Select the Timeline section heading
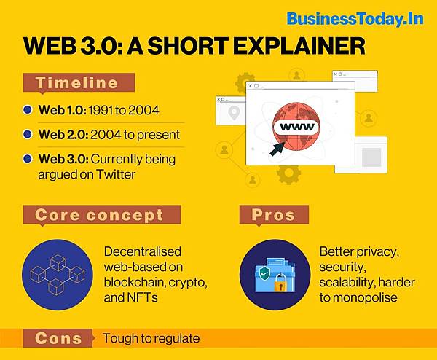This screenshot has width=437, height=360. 76,83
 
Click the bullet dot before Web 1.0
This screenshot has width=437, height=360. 27,111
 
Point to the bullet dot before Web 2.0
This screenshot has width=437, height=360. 27,135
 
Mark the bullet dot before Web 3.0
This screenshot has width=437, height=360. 27,159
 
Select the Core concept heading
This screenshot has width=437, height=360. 99,215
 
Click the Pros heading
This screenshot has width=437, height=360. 273,215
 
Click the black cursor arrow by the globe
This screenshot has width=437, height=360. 277,149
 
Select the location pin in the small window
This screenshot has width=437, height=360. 234,113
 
